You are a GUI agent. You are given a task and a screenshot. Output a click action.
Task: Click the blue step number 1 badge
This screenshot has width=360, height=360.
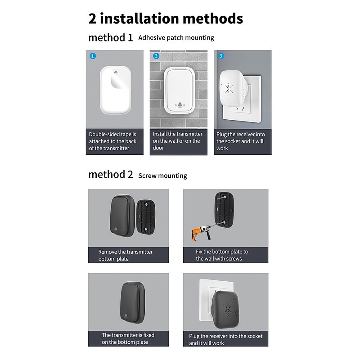93,56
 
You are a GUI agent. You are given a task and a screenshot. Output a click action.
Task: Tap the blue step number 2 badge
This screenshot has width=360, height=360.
156,56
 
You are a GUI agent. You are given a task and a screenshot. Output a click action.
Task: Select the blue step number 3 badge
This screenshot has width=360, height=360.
221,56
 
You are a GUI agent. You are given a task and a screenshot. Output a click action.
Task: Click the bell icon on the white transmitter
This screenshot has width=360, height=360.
180,105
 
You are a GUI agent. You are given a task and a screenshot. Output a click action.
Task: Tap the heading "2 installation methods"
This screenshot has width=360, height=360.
166,18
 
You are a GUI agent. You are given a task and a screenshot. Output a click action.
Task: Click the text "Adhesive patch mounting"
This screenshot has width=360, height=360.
176,38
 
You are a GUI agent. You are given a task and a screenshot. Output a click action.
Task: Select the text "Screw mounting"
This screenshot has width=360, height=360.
163,175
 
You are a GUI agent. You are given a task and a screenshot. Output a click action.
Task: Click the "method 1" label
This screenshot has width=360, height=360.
111,37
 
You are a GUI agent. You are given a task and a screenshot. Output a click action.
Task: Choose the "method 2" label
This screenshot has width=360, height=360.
111,175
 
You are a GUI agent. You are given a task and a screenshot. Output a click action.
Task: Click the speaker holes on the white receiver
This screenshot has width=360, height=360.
229,89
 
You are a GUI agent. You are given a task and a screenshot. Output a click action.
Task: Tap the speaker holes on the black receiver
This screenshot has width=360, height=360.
228,308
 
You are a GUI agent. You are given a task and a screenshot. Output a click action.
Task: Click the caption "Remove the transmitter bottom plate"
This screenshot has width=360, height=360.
126,255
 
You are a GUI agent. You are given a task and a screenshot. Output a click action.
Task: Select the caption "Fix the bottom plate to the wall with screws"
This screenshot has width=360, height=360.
222,255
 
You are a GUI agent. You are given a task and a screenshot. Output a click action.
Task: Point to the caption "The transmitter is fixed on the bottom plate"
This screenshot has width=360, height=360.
128,338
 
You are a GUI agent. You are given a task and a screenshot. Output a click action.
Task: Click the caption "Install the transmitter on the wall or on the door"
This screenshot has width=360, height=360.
177,141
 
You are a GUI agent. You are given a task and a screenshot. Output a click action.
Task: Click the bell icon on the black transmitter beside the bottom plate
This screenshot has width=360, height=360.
116,229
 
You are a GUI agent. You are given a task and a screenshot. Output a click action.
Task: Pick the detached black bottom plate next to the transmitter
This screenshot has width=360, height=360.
146,217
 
